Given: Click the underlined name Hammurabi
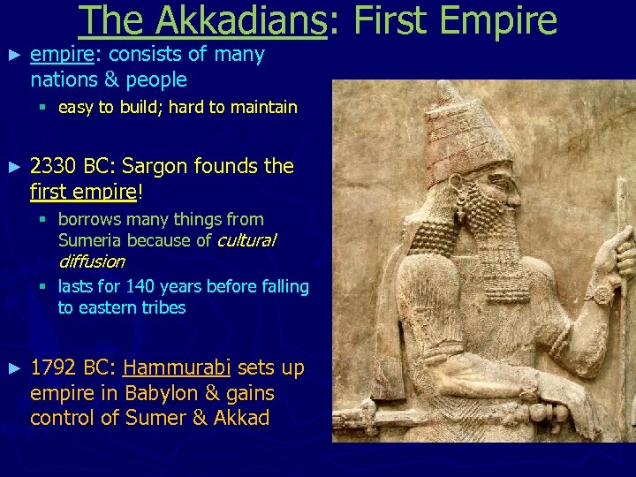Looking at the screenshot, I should [178, 367].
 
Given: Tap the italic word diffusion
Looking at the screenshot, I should [91, 261].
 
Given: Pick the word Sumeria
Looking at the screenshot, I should [89, 240].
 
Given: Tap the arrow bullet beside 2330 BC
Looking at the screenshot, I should [12, 166].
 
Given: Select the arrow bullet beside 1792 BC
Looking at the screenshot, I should [12, 367].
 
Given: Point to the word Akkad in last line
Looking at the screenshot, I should [242, 418].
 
